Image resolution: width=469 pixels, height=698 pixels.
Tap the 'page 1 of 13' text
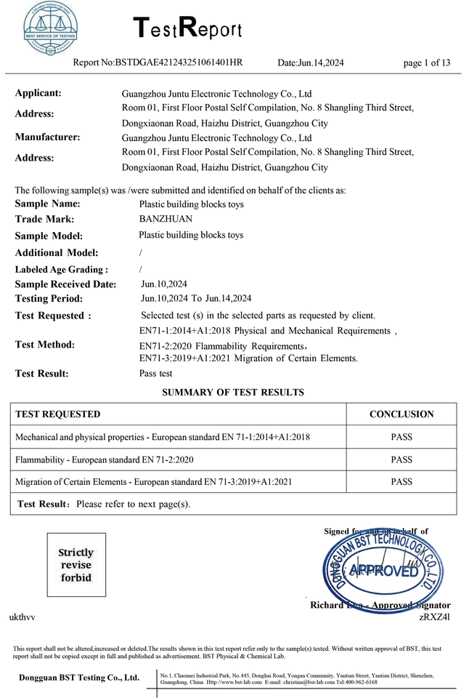(x=427, y=63)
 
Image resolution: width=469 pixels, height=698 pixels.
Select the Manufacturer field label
(x=47, y=137)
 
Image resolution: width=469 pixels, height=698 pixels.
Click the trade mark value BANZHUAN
(x=165, y=219)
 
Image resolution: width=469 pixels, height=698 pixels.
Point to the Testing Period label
(x=49, y=299)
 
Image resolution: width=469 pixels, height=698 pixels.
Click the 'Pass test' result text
(x=155, y=373)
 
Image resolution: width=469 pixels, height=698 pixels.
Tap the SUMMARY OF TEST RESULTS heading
(x=233, y=393)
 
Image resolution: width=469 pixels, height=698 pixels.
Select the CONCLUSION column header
(x=401, y=414)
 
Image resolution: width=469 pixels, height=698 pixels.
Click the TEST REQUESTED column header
(x=58, y=414)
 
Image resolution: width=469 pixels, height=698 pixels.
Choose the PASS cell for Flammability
(x=401, y=460)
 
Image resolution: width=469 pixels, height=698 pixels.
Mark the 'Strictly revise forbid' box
(x=76, y=566)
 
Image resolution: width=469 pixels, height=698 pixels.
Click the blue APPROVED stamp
(x=383, y=569)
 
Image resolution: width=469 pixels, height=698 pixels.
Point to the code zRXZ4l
(x=435, y=617)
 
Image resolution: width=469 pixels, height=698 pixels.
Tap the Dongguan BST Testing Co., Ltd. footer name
(x=80, y=678)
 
